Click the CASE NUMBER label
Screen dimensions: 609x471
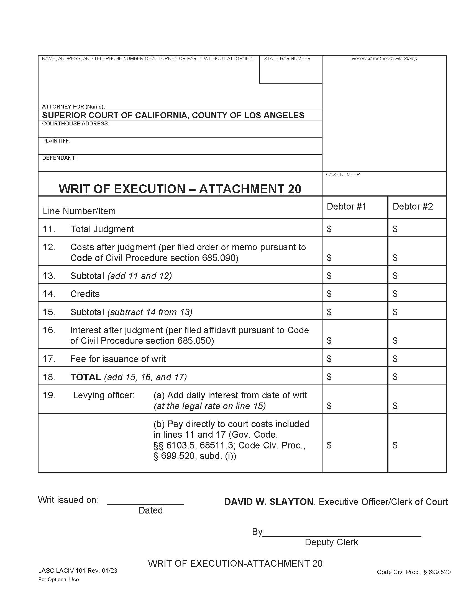(343, 175)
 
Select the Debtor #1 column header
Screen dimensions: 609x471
(346, 207)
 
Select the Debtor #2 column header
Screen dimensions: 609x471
(413, 207)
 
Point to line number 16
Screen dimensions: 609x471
(48, 330)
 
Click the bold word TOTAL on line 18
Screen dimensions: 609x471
(85, 377)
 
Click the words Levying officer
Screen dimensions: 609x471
(104, 395)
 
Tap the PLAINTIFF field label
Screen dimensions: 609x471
(56, 141)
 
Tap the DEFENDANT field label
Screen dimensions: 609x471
(59, 158)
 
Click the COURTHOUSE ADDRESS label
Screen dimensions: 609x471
(75, 123)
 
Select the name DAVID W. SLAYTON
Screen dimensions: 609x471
(268, 502)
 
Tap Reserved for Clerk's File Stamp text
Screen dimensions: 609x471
(384, 59)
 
